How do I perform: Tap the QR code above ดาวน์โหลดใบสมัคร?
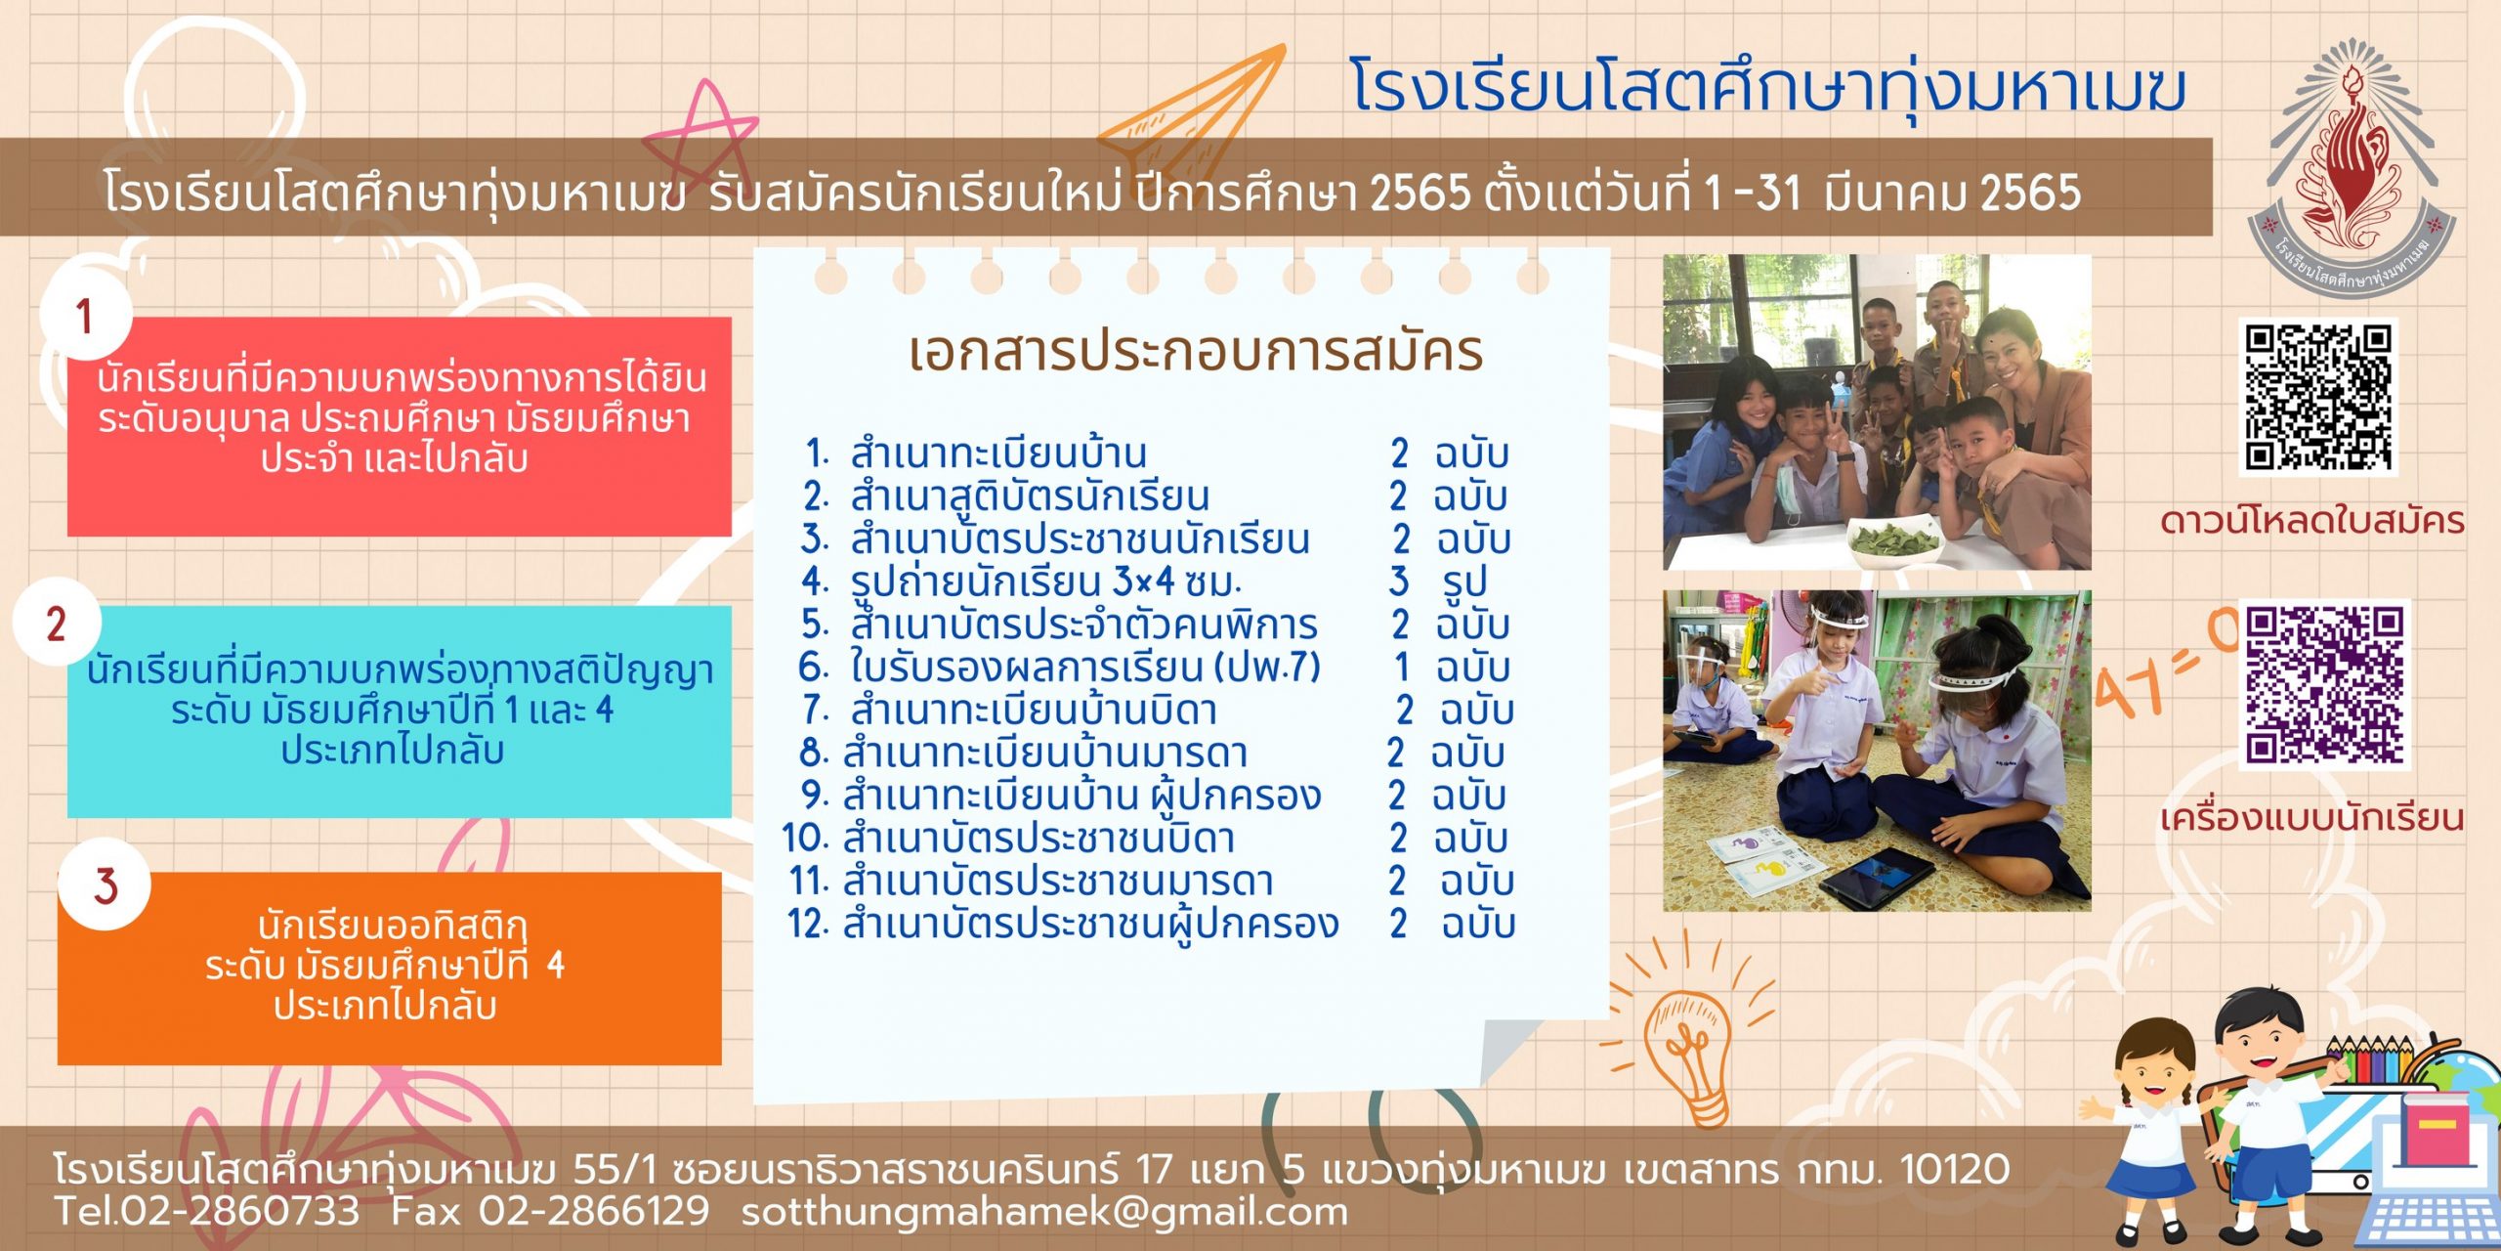pyautogui.click(x=2318, y=397)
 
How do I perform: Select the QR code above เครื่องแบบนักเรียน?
pyautogui.click(x=2324, y=684)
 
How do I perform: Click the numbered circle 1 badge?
pyautogui.click(x=86, y=316)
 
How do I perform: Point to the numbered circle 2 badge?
pyautogui.click(x=57, y=624)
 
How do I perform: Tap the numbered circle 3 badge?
pyautogui.click(x=105, y=884)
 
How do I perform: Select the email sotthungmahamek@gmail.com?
pyautogui.click(x=1044, y=1212)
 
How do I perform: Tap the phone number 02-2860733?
pyautogui.click(x=240, y=1212)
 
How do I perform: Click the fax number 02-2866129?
pyautogui.click(x=594, y=1212)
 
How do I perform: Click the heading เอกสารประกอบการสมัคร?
pyautogui.click(x=1196, y=352)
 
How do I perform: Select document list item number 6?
pyautogui.click(x=1059, y=668)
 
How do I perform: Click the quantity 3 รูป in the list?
pyautogui.click(x=1438, y=582)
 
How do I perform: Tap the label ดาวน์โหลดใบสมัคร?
pyautogui.click(x=2312, y=521)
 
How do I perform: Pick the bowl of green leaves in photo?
pyautogui.click(x=1895, y=539)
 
